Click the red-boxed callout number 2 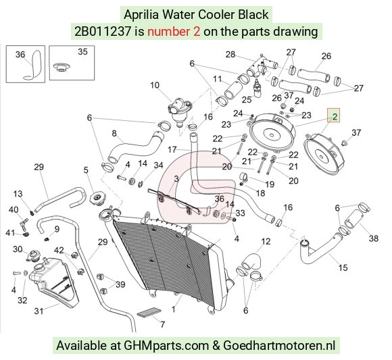[335, 116]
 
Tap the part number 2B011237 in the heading [103, 32]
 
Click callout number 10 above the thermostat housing [155, 85]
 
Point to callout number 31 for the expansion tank [39, 311]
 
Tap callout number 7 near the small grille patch [162, 324]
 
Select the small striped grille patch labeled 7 [149, 313]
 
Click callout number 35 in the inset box [82, 52]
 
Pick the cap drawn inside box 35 [62, 67]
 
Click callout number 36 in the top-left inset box [20, 55]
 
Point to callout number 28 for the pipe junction [230, 54]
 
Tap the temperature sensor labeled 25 [258, 88]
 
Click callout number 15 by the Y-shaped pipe [343, 267]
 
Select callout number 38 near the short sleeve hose [374, 238]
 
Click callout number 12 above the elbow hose [266, 241]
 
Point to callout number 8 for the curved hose [114, 134]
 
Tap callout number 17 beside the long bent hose [172, 150]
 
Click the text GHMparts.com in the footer [166, 346]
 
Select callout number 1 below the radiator [173, 309]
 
